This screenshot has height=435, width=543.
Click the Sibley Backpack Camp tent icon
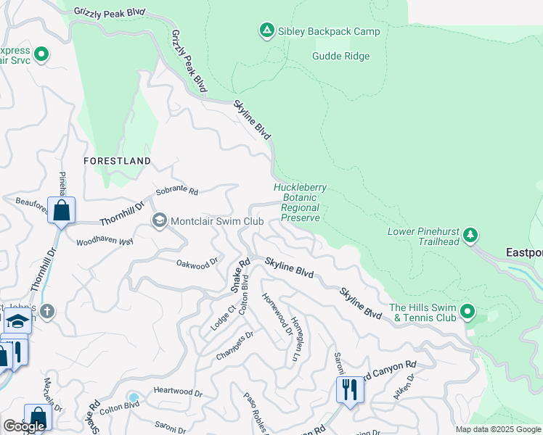[x=266, y=30]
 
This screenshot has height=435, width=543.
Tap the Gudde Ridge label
[x=341, y=57]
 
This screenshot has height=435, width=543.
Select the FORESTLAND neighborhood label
[x=117, y=160]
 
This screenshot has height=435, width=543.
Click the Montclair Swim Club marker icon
[x=158, y=220]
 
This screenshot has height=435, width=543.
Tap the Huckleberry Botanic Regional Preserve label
[x=300, y=202]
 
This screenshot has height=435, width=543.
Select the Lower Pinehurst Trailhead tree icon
[x=471, y=234]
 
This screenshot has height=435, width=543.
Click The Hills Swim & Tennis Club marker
[x=468, y=312]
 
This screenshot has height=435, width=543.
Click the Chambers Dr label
[x=235, y=345]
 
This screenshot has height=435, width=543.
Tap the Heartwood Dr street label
[x=179, y=391]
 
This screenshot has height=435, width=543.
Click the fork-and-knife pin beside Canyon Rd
[x=350, y=390]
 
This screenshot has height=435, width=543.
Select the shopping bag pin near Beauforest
[x=62, y=211]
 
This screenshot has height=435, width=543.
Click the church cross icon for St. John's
[x=47, y=312]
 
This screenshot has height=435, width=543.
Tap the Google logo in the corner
[x=24, y=426]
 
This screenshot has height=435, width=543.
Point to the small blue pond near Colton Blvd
[x=133, y=397]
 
